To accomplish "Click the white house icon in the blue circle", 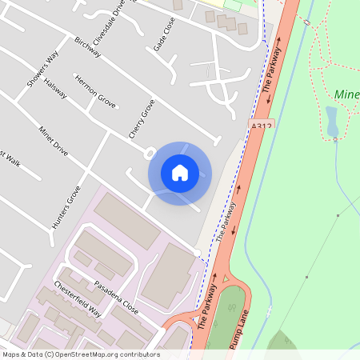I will [x=180, y=173].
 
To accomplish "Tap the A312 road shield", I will [x=262, y=126].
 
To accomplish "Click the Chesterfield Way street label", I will [x=78, y=298].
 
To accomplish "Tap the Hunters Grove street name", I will [x=66, y=208].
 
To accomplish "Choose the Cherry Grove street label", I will [x=141, y=118].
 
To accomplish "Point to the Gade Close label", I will [x=164, y=37].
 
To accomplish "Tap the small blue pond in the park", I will [x=332, y=121].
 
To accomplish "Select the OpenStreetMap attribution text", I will [x=81, y=354].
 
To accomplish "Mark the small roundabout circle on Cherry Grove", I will [x=149, y=151].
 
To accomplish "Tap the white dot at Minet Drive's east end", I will [x=197, y=254].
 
